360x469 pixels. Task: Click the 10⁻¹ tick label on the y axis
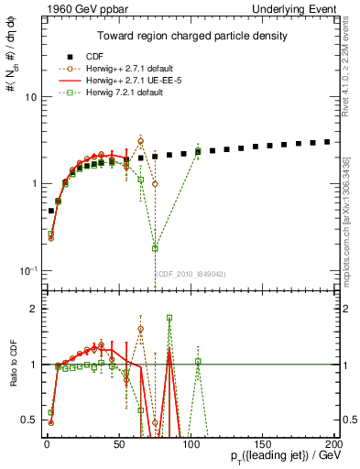tap(27, 270)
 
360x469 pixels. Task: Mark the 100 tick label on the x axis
tap(190, 443)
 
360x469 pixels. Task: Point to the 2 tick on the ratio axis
tap(32, 309)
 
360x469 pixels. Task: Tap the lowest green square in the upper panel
tap(155, 248)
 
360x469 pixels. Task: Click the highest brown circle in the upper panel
tap(140, 141)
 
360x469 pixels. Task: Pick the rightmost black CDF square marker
tap(327, 142)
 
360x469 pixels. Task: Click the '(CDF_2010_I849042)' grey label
tap(191, 273)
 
